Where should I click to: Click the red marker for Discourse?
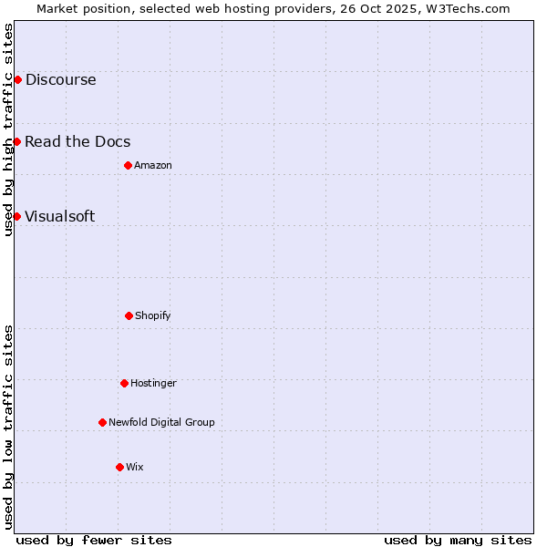[17, 79]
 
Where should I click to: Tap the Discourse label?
[60, 79]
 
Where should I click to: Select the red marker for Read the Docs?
[17, 141]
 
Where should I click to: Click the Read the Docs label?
[77, 141]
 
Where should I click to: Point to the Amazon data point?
[128, 165]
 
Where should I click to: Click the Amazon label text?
[152, 165]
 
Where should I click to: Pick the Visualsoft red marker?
[17, 216]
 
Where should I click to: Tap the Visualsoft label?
[59, 216]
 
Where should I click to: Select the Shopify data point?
[129, 315]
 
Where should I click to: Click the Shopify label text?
[152, 315]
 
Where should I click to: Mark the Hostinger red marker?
[124, 383]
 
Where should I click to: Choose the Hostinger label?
[153, 383]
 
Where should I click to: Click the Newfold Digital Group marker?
[102, 422]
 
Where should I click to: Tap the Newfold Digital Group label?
[161, 422]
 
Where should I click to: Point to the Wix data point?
[119, 467]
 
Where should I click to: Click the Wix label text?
[134, 467]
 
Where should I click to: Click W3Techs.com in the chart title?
[466, 8]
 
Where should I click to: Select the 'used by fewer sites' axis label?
[94, 540]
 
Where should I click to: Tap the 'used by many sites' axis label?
[458, 540]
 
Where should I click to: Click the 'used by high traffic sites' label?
[8, 129]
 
